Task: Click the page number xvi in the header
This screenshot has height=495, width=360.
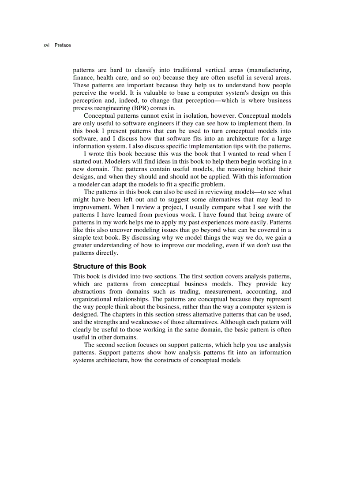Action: (46, 45)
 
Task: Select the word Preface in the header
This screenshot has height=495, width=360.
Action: (63, 45)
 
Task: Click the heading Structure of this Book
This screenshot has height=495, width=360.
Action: (109, 267)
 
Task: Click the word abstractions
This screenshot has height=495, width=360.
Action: (89, 291)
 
